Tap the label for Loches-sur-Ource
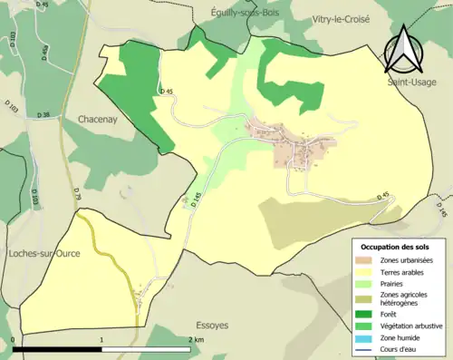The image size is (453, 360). [44, 252]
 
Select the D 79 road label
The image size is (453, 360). [76, 192]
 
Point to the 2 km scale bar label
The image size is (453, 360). [196, 339]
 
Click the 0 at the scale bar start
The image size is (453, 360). [14, 339]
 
